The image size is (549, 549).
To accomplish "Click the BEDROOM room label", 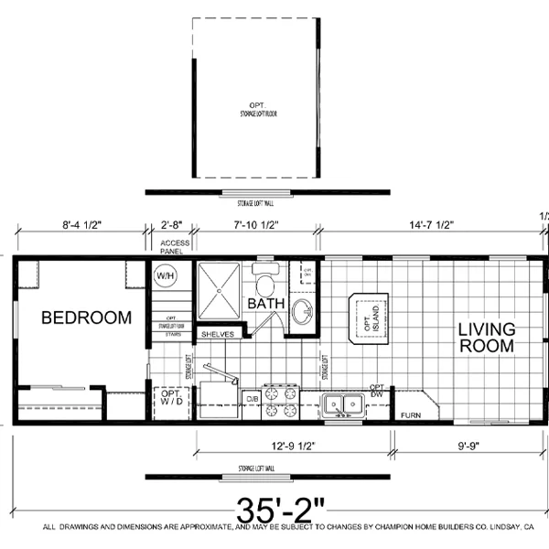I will (87, 318).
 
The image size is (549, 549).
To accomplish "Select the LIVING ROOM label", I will (487, 337).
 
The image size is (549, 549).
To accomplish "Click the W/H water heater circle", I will (165, 274).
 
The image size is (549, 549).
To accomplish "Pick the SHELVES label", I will (218, 334).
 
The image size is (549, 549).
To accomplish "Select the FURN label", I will (410, 415).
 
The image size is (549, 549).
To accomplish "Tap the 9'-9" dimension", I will (469, 448).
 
